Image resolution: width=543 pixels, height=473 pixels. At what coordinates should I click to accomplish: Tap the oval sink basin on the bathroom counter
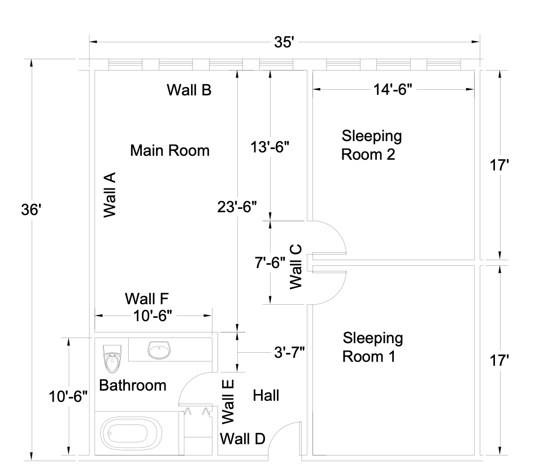click(x=159, y=351)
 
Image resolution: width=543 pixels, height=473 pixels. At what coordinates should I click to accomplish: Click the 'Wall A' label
click(x=110, y=195)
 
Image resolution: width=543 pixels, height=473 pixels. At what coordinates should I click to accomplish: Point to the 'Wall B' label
click(x=189, y=90)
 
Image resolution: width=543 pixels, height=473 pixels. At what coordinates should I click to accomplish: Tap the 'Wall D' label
click(x=242, y=439)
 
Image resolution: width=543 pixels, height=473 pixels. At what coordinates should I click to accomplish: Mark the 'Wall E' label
click(x=228, y=401)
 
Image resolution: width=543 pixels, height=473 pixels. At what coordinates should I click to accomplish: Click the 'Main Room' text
click(x=170, y=151)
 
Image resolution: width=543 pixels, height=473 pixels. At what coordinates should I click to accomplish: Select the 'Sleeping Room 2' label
click(x=371, y=145)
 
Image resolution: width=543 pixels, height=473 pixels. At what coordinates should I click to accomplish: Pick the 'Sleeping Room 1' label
click(x=372, y=347)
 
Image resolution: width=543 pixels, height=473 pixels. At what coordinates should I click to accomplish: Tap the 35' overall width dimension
click(x=284, y=42)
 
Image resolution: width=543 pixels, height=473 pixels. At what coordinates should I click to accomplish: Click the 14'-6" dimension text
click(x=393, y=89)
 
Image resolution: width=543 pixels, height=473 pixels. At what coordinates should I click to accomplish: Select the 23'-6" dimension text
click(x=237, y=207)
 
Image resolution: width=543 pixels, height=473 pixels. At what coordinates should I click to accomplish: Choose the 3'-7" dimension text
click(x=289, y=353)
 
